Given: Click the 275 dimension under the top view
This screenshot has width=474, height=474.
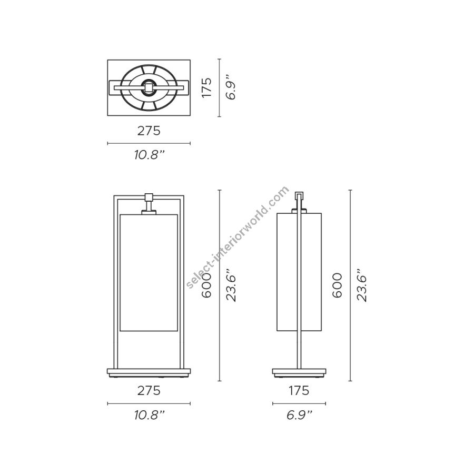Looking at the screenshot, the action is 149,131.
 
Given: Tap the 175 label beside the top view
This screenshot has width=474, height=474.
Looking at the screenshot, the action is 207,87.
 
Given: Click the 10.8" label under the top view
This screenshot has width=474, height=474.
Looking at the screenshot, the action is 150,155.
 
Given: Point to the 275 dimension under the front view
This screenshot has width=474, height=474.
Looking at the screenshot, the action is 149,391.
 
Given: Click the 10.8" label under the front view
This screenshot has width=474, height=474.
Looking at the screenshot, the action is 150,416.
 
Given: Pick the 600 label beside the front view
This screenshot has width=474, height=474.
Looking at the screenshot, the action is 207,285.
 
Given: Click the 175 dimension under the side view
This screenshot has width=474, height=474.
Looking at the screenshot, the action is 299,391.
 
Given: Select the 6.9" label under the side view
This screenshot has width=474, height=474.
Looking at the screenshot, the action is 299,416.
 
